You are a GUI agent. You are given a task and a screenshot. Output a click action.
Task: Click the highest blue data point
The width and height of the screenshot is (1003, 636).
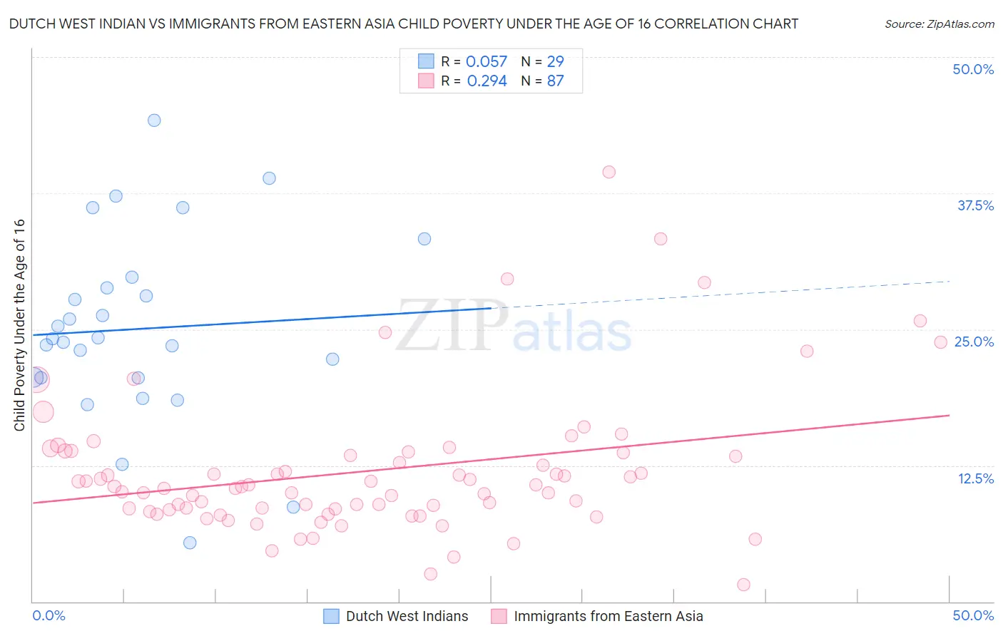click(154, 120)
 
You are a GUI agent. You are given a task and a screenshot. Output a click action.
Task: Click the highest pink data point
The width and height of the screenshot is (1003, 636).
click(609, 172)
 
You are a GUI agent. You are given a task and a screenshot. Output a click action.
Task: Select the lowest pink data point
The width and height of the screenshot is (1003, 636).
click(743, 585)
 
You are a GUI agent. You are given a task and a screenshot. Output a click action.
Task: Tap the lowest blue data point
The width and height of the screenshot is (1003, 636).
click(190, 543)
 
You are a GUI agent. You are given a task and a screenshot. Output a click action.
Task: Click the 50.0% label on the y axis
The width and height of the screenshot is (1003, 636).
click(973, 69)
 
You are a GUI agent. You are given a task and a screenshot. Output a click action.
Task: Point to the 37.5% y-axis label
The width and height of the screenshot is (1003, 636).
click(975, 205)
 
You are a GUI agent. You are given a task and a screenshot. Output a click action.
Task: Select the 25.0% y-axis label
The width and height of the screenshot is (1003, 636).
click(974, 342)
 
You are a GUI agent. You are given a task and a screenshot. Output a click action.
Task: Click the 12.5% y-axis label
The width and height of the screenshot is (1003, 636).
click(975, 478)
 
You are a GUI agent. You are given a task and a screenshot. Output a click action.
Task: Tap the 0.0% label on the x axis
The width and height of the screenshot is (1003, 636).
click(49, 615)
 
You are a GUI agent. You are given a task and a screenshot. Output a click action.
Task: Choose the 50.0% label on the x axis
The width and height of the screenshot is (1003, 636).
click(973, 615)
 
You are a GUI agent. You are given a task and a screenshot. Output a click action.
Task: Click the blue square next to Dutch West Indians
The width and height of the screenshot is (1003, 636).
click(331, 616)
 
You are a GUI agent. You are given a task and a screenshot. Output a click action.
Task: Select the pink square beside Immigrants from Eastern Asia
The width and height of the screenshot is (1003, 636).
click(499, 616)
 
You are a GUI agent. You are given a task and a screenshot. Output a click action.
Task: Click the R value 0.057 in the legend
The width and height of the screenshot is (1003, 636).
click(487, 62)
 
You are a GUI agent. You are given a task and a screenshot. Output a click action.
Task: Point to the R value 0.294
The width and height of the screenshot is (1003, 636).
click(487, 81)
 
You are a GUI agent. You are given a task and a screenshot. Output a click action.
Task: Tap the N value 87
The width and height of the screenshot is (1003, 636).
click(555, 81)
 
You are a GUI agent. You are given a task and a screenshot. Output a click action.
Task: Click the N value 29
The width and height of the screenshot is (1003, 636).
click(555, 62)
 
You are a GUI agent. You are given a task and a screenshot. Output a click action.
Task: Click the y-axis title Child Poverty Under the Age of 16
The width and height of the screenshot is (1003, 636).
click(20, 325)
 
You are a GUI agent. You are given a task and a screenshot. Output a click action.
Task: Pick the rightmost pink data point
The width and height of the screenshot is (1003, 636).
click(941, 342)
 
